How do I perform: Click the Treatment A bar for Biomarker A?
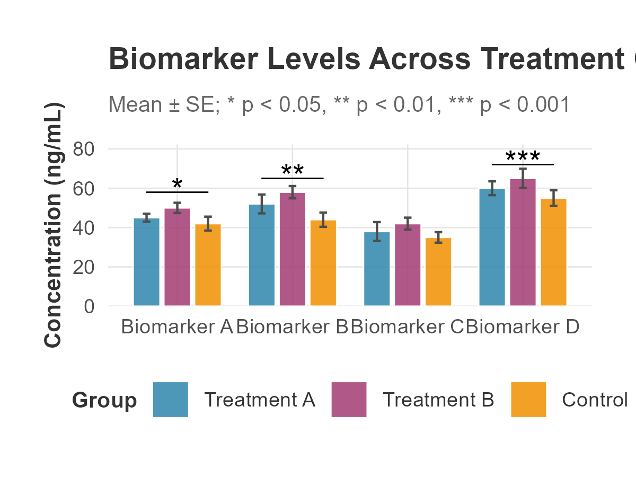click(146, 262)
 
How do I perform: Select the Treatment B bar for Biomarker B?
click(293, 249)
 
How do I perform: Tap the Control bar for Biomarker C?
click(438, 272)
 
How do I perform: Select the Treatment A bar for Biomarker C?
click(377, 269)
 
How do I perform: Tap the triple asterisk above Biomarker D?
click(523, 157)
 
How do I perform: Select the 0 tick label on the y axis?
click(89, 306)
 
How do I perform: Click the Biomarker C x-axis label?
click(408, 327)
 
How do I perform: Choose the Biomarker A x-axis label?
click(177, 327)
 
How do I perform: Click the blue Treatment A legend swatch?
click(171, 400)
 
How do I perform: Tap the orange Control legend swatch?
click(528, 400)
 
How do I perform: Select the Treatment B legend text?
click(438, 400)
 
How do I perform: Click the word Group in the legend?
click(104, 400)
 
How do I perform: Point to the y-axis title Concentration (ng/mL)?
click(54, 225)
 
